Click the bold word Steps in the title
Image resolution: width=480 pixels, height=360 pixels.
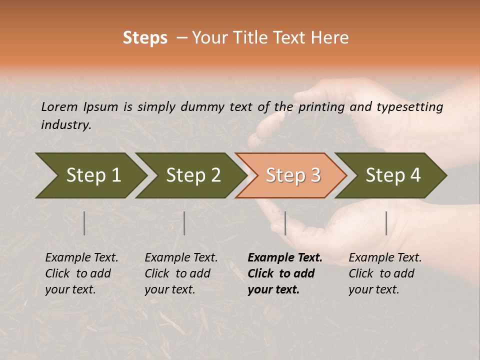coord(145,38)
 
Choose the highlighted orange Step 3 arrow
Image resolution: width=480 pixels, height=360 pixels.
coord(292,175)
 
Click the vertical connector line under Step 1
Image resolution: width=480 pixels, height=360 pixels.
coord(84,223)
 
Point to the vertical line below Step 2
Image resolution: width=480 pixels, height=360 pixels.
coord(184,223)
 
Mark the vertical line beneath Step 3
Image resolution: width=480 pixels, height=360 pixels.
coord(285,223)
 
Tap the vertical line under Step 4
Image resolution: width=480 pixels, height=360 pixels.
coord(386,223)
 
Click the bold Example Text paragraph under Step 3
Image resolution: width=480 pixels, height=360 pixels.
coord(284,273)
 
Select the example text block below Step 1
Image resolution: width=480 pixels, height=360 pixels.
coord(81,273)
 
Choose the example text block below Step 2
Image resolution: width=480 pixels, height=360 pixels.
coord(181,273)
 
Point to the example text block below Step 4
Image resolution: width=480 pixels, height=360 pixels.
coord(385,273)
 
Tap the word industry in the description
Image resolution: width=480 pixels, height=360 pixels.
coord(66,125)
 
